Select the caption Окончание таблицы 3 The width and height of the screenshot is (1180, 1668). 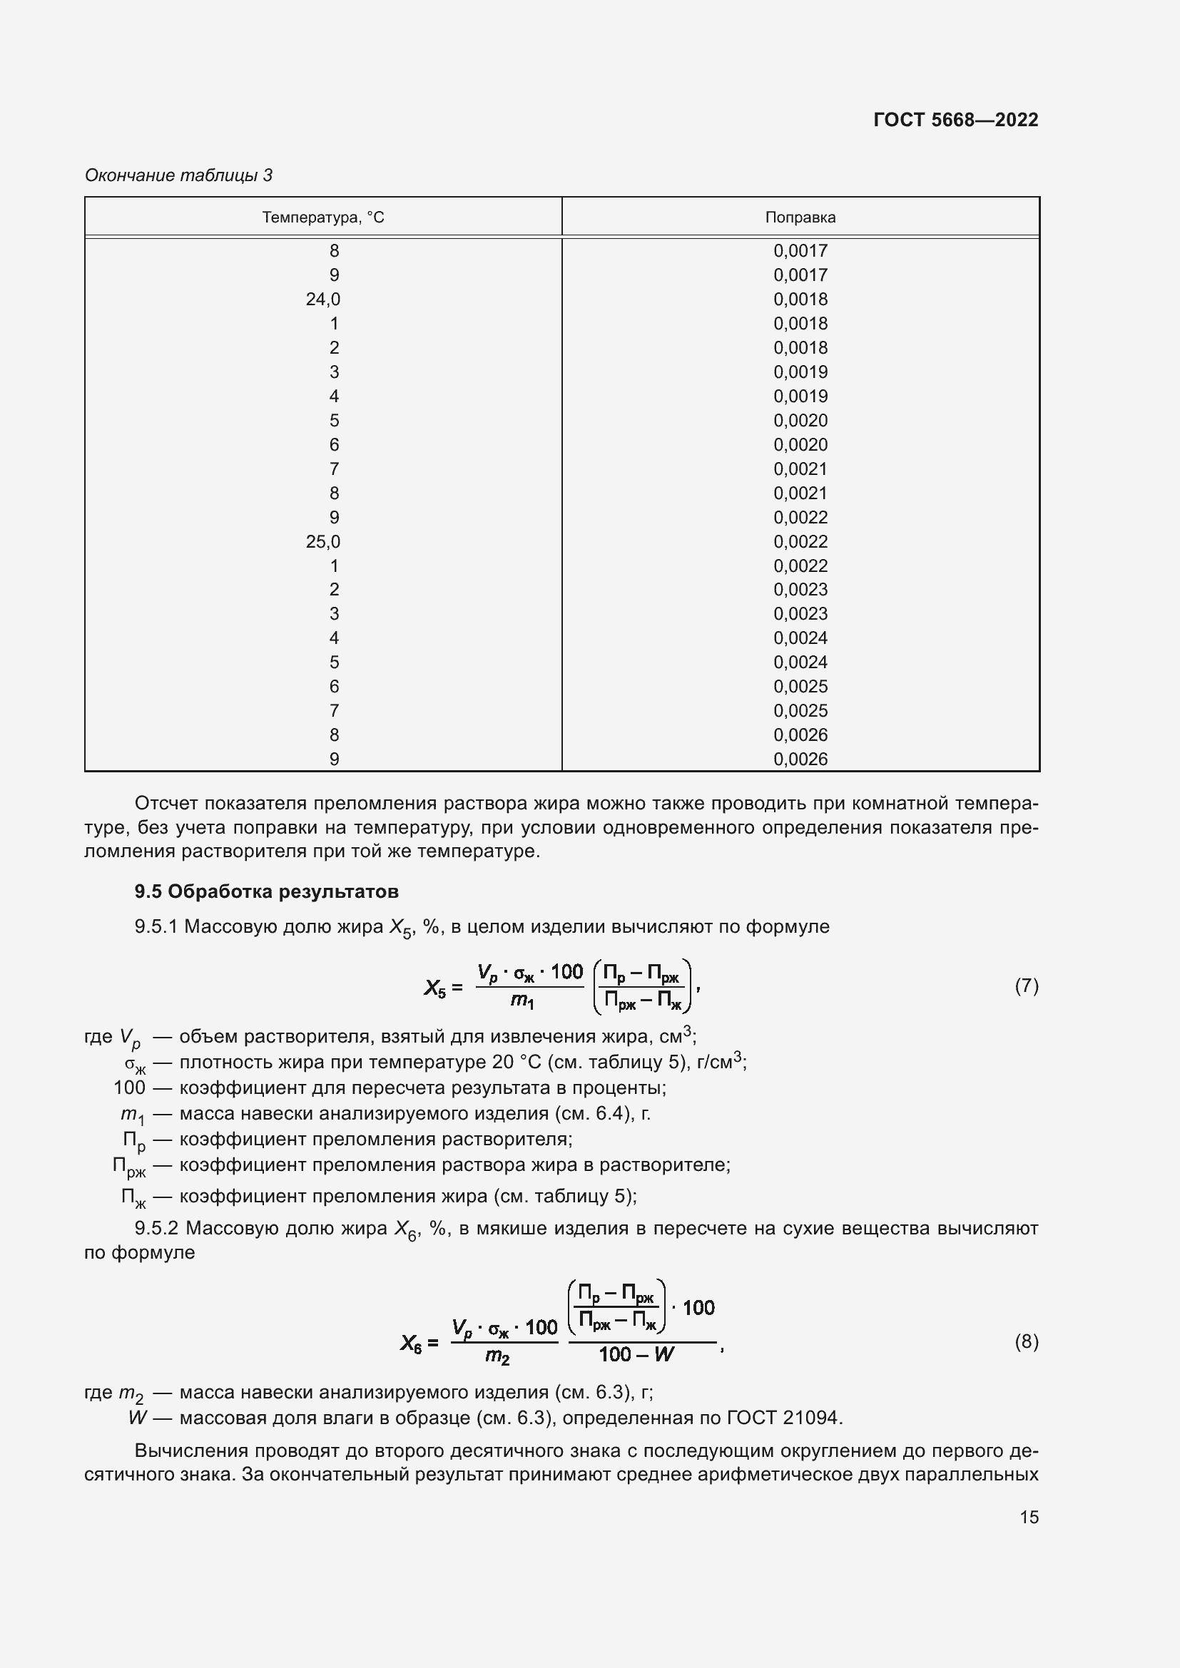pyautogui.click(x=179, y=175)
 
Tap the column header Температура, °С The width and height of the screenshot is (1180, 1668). pyautogui.click(x=322, y=218)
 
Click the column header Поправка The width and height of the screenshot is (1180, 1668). pyautogui.click(x=800, y=218)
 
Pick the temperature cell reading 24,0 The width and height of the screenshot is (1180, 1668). pyautogui.click(x=322, y=300)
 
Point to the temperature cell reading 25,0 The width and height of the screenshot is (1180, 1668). pyautogui.click(x=322, y=541)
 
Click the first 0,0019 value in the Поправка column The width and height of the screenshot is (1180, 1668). pyautogui.click(x=800, y=372)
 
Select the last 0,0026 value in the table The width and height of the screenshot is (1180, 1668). pyautogui.click(x=800, y=759)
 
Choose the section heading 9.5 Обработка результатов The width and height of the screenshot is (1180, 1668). pyautogui.click(x=266, y=891)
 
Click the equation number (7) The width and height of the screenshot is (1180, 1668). pyautogui.click(x=1026, y=986)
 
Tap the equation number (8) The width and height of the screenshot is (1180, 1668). pyautogui.click(x=1026, y=1341)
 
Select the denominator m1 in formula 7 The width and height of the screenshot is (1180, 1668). pyautogui.click(x=522, y=1001)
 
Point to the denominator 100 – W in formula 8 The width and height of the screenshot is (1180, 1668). pyautogui.click(x=636, y=1354)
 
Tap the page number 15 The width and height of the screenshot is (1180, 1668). pyautogui.click(x=1029, y=1517)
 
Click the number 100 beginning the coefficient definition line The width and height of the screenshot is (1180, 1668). pyautogui.click(x=129, y=1088)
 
